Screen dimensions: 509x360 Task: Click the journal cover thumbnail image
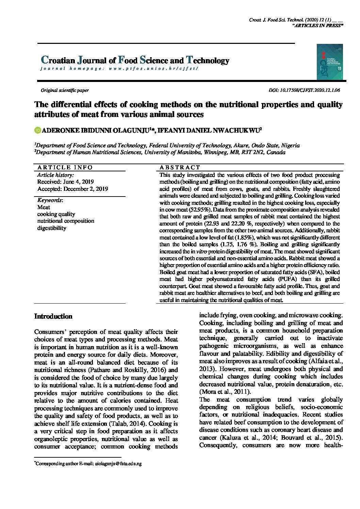329,62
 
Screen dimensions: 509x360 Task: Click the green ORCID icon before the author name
37,130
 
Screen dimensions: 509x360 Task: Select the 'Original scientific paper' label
65,90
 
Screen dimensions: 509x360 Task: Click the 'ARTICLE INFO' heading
65,167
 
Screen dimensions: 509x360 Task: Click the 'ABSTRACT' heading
180,167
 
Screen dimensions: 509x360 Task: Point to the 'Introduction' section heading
53,317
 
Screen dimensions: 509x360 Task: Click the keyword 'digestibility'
52,228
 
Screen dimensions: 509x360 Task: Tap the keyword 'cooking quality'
56,214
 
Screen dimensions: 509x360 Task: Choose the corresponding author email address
118,463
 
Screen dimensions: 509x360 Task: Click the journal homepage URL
153,68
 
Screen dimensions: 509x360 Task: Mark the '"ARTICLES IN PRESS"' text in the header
317,26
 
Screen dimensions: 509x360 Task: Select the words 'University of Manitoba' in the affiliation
172,152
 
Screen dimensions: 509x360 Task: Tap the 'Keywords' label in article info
50,200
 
